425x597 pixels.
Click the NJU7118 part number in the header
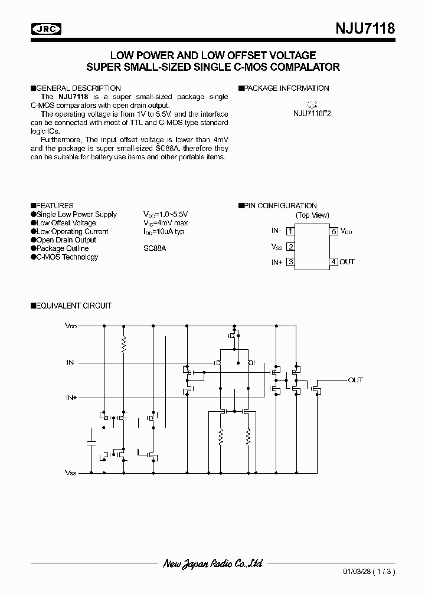click(x=365, y=28)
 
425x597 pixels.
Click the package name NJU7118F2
click(x=312, y=114)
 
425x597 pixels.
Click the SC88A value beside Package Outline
click(x=155, y=248)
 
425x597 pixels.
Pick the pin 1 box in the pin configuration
click(x=290, y=231)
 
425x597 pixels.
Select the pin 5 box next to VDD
click(x=334, y=231)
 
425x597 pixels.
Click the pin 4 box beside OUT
click(x=334, y=262)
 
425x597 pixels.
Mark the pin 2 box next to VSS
click(x=290, y=247)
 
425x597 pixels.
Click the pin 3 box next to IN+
click(x=290, y=262)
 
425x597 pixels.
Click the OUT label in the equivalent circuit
click(x=355, y=380)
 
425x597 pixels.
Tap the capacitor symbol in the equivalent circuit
click(x=91, y=442)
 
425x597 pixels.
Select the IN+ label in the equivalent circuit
click(x=71, y=398)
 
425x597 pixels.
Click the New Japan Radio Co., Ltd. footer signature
click(x=213, y=563)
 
